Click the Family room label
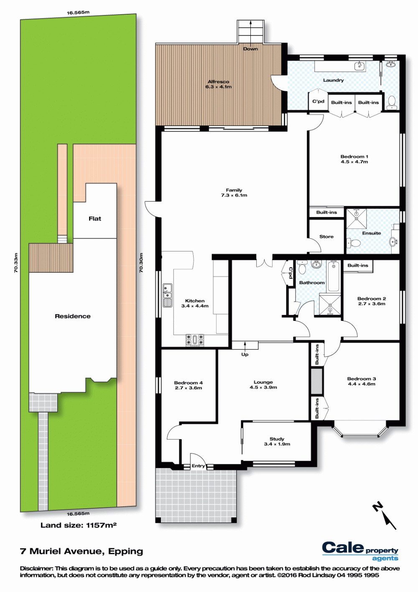click(234, 192)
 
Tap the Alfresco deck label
click(218, 84)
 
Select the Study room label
click(277, 441)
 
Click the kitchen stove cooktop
click(195, 340)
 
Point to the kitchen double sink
click(167, 295)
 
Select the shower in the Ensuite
click(357, 218)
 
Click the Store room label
click(326, 236)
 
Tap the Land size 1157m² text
click(79, 525)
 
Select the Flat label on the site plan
click(95, 218)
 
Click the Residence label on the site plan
click(73, 316)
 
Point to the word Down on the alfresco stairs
click(250, 49)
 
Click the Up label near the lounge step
click(245, 354)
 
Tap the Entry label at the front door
click(198, 466)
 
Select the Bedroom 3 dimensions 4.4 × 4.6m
click(361, 384)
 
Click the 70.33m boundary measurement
click(16, 263)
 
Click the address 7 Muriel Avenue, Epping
click(82, 551)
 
